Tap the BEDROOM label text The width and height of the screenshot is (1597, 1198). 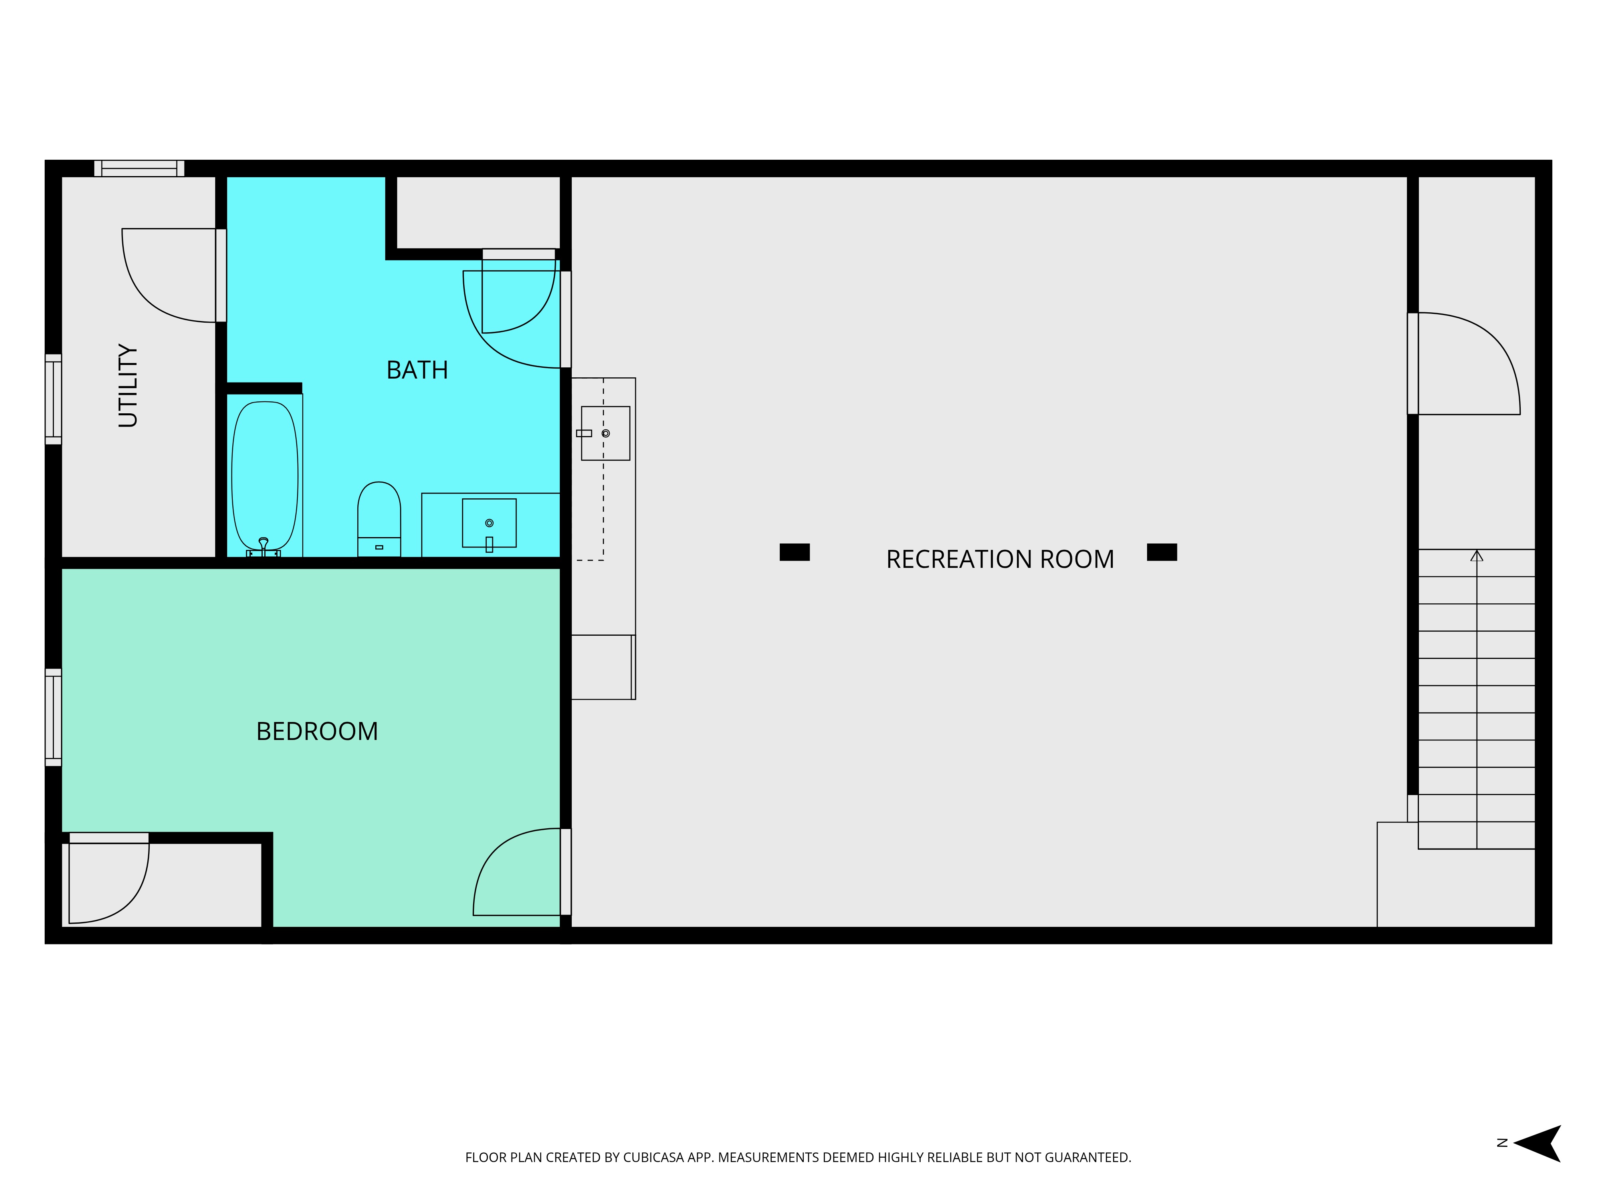317,732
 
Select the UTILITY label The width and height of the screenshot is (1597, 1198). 128,386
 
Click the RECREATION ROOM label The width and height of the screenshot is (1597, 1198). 1000,559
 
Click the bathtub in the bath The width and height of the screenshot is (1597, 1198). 265,476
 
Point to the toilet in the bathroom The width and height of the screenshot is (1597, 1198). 379,516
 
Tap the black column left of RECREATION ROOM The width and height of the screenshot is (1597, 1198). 794,552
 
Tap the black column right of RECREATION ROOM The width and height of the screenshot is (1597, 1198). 1162,552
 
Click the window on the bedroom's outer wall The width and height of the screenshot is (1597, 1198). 53,717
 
